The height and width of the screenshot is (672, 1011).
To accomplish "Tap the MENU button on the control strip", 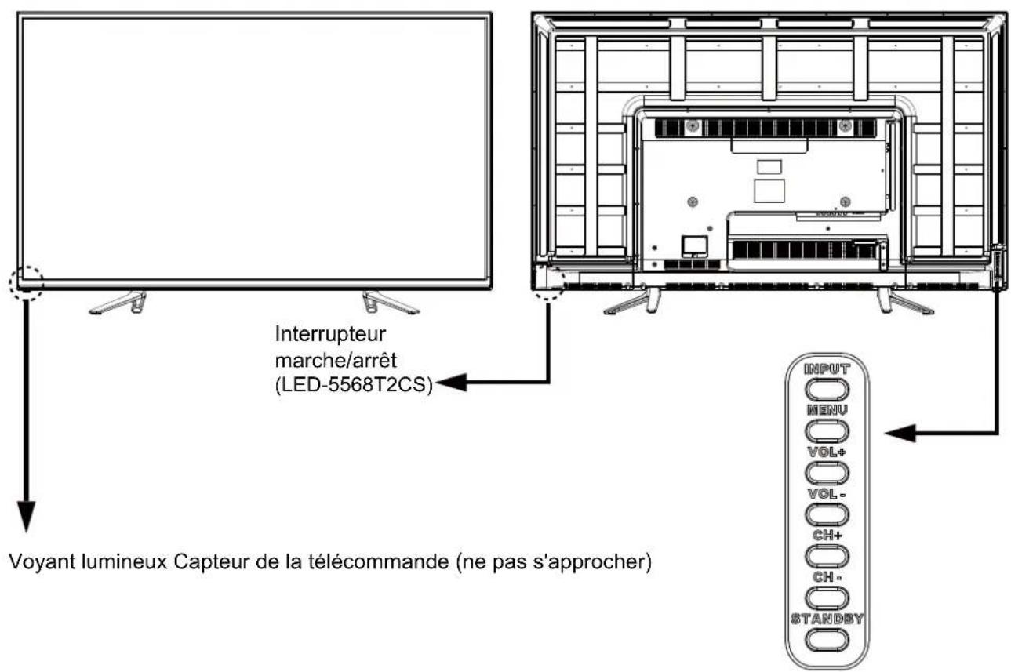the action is click(827, 430).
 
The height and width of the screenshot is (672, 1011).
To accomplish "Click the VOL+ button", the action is click(827, 473).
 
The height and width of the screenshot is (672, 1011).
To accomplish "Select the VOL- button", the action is click(827, 514).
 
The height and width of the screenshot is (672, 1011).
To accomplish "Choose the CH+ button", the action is click(827, 556).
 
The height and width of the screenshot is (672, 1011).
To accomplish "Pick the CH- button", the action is click(827, 598).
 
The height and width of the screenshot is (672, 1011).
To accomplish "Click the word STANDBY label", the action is click(827, 619).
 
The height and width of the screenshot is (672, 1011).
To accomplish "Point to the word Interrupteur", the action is click(330, 334).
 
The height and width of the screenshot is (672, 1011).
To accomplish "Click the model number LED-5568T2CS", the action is click(354, 384).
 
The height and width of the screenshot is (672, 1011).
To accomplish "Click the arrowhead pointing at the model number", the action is click(452, 382).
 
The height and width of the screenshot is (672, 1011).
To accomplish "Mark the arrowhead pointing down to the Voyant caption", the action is click(26, 516).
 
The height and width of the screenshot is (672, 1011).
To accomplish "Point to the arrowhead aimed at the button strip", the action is click(900, 434).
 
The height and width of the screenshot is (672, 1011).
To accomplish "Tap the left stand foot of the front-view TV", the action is click(118, 303).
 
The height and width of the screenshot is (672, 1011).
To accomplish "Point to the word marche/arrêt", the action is click(336, 361).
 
